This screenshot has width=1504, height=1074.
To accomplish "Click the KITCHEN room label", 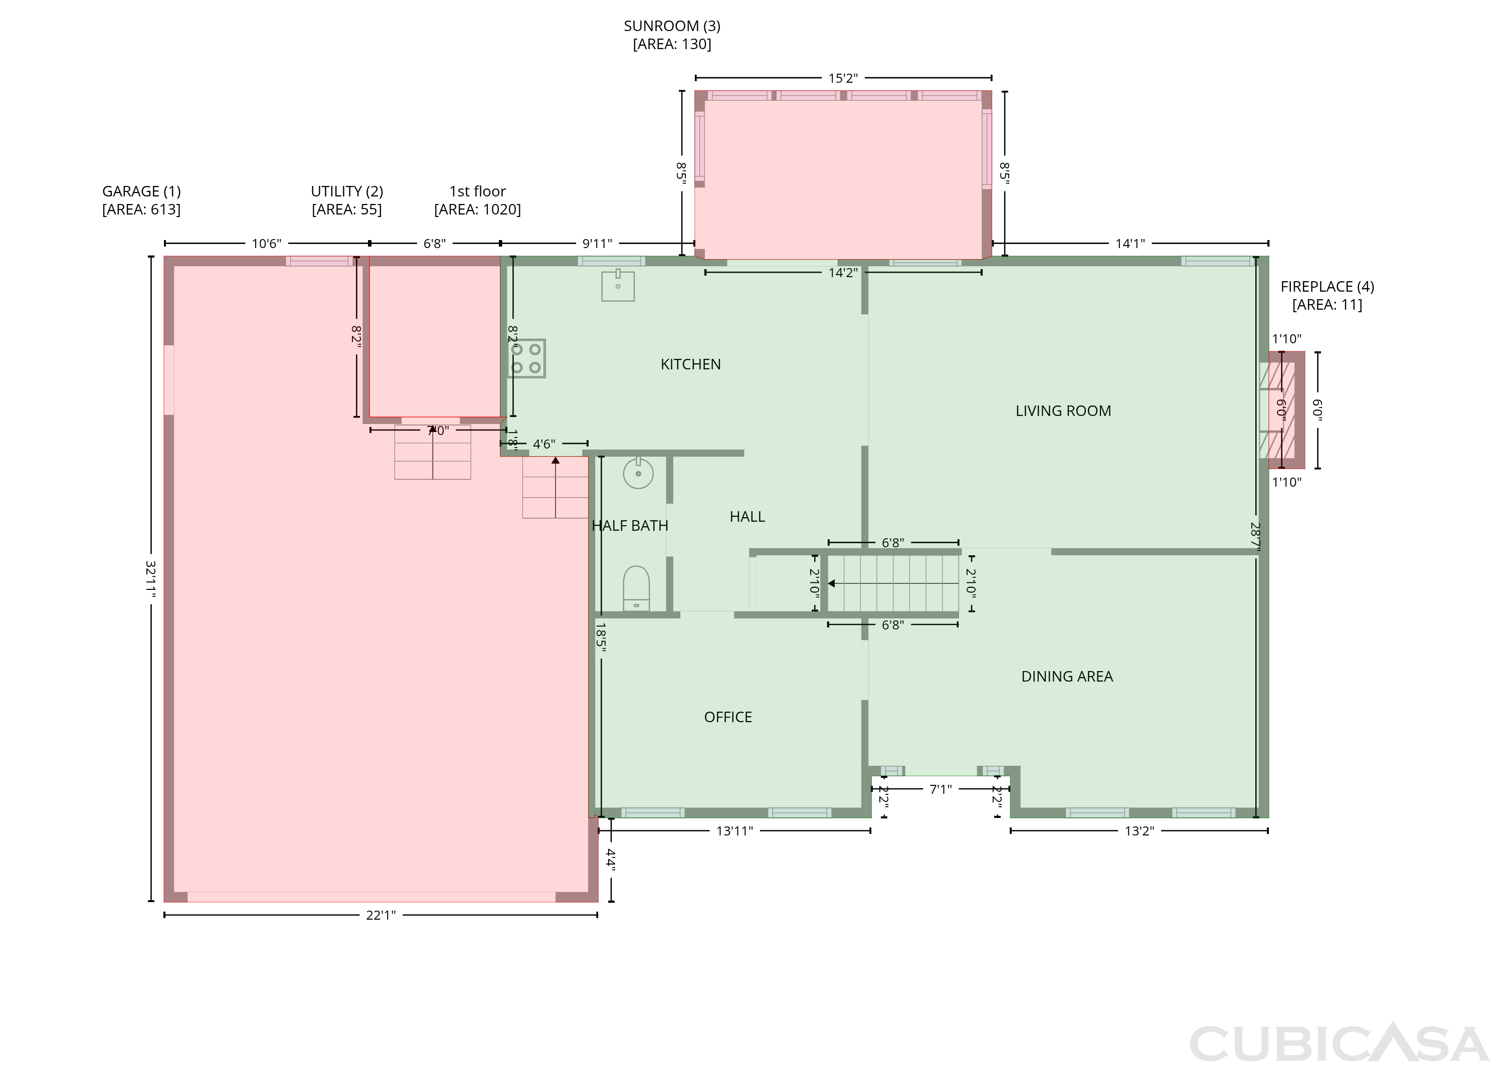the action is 690,364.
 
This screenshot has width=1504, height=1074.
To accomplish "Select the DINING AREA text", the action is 1067,677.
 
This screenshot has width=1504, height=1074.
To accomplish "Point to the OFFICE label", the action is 727,718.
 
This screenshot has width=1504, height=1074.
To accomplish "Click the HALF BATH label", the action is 630,526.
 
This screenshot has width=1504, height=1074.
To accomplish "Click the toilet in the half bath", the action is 636,588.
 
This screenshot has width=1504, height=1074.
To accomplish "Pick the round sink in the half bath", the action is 638,473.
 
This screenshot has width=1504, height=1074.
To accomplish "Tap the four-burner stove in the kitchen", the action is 526,358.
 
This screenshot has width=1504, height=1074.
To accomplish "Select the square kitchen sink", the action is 618,286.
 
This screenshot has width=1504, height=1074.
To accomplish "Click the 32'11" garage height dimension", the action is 151,579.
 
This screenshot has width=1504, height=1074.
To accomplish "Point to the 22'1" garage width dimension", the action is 381,915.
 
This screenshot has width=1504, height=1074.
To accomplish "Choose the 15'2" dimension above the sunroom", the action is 843,78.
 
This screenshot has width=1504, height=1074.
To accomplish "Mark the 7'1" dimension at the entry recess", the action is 941,789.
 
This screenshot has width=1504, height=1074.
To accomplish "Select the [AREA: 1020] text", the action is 478,209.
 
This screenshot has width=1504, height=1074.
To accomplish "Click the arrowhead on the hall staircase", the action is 831,583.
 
